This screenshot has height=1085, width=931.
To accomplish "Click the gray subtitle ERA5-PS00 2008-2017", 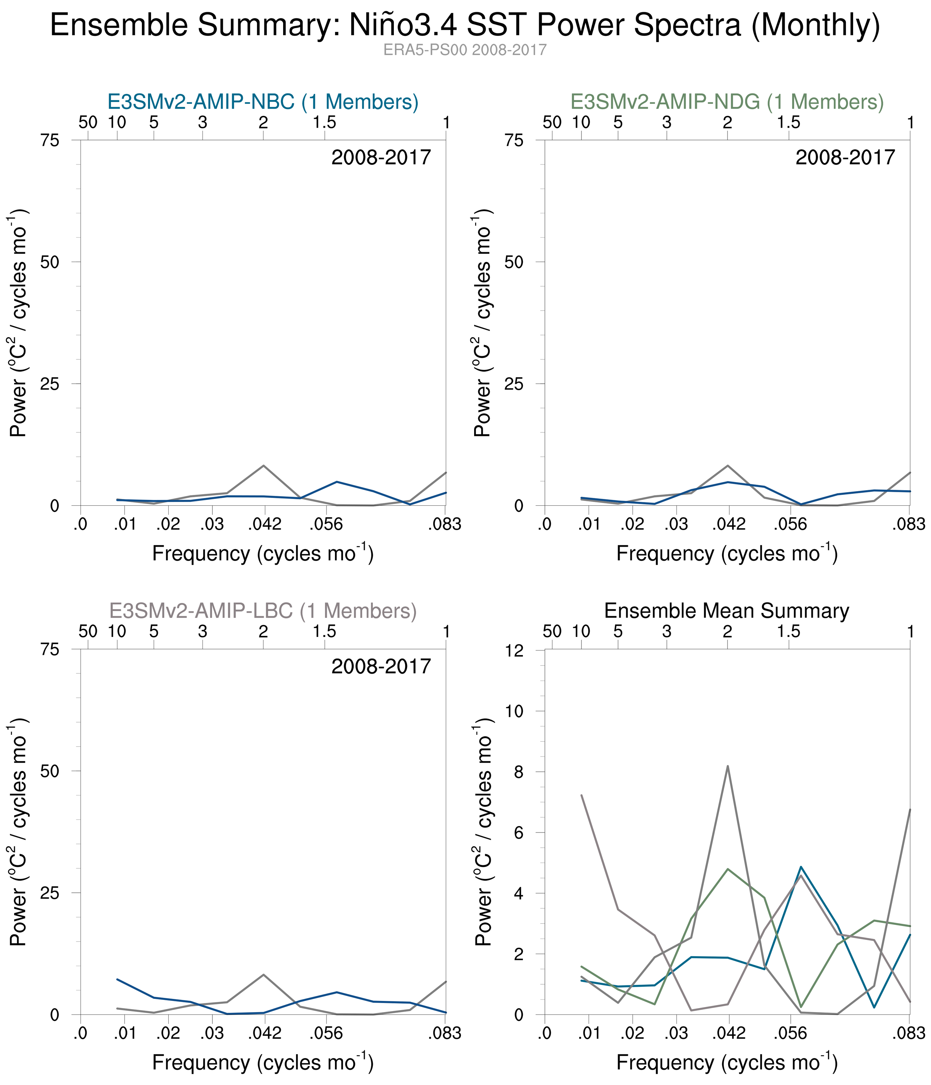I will tap(465, 50).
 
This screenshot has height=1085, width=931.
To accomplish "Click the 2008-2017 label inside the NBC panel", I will tap(381, 157).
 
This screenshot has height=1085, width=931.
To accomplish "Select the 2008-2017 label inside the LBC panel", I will tap(381, 666).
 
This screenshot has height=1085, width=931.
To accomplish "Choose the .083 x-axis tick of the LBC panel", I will tap(445, 1033).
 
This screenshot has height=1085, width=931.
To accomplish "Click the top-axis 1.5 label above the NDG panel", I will tap(788, 123).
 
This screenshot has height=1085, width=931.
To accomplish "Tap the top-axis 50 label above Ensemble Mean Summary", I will tap(552, 631).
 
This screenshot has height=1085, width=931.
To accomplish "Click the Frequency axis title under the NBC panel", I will tap(263, 554).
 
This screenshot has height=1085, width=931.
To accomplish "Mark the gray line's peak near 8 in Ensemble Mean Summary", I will tap(727, 766).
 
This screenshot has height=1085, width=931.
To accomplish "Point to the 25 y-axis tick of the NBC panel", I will tap(50, 384).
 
